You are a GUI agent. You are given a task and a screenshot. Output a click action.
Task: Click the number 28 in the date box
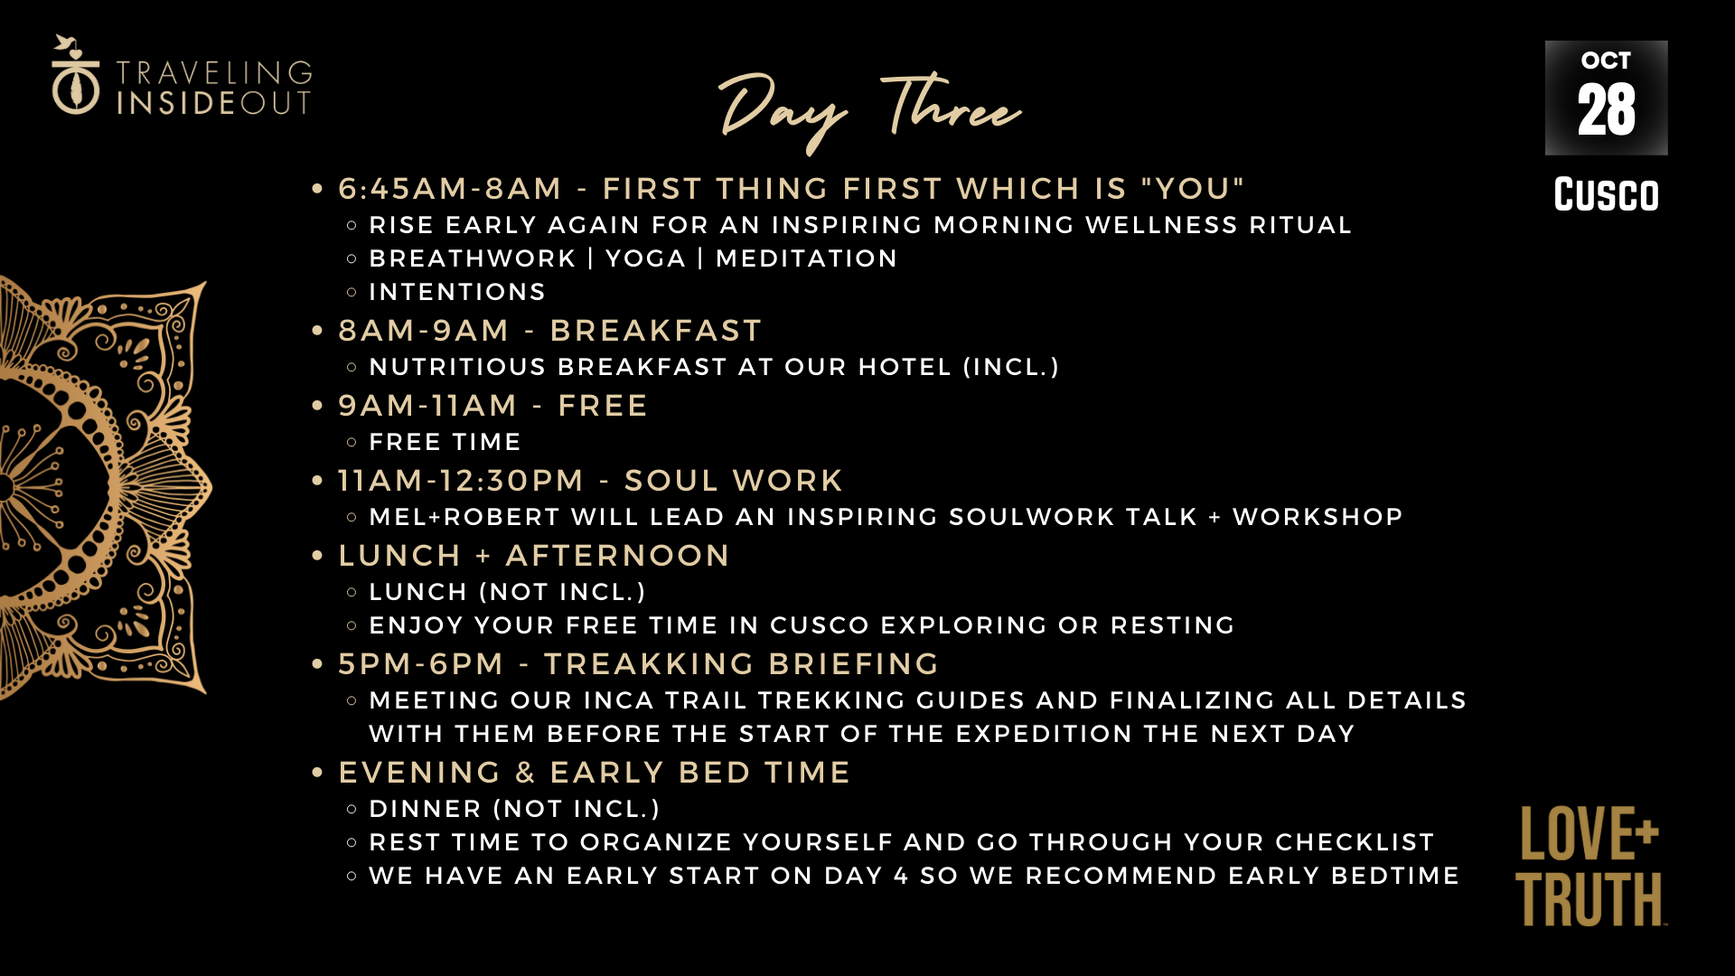click(1606, 110)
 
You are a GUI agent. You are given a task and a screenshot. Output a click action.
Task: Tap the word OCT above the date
click(1606, 61)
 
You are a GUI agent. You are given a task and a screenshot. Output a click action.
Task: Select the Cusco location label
click(1606, 194)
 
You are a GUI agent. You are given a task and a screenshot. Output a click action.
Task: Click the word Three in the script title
click(951, 106)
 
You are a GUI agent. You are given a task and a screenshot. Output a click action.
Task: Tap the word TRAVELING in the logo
click(214, 73)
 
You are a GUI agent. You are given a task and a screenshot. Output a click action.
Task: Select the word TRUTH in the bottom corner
click(1590, 899)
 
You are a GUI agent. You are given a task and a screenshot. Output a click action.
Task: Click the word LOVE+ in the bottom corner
click(1589, 833)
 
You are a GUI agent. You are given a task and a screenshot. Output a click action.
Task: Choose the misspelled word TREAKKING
click(649, 664)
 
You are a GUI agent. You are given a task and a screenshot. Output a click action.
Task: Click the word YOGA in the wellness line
click(645, 258)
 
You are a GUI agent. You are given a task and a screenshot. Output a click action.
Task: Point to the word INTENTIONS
click(457, 292)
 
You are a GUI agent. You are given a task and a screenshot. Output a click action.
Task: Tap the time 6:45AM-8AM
click(450, 189)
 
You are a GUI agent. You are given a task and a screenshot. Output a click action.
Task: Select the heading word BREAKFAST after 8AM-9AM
click(656, 331)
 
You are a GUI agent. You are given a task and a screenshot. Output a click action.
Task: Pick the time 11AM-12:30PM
click(461, 481)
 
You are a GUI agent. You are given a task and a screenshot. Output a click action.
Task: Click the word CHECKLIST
click(1355, 842)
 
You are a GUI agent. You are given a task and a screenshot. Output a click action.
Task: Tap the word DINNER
click(425, 809)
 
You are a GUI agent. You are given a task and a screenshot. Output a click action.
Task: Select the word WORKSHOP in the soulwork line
click(1318, 517)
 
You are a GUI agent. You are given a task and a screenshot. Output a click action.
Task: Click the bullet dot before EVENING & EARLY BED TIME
click(317, 773)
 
